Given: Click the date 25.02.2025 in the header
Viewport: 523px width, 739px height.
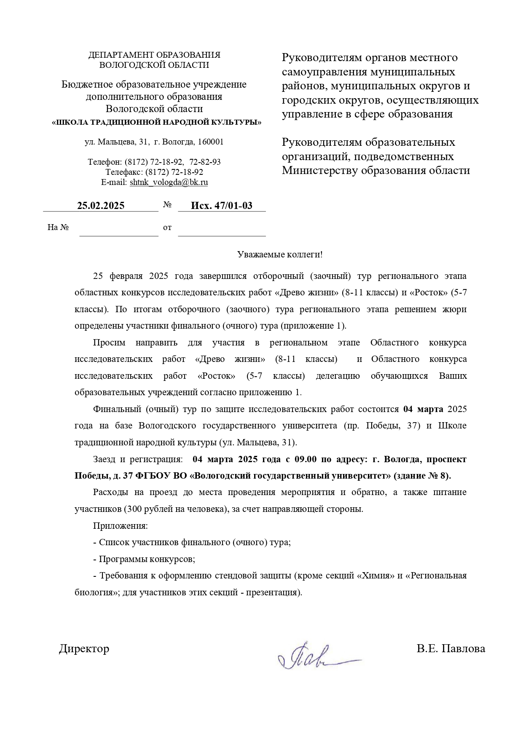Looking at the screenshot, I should [x=101, y=206].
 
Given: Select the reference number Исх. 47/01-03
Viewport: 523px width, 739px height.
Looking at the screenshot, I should [x=222, y=206].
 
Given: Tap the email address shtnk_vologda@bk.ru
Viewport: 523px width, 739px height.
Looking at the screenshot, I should [x=169, y=182].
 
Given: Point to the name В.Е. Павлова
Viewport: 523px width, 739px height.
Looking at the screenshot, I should [x=451, y=648].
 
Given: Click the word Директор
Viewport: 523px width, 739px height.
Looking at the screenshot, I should [x=84, y=648].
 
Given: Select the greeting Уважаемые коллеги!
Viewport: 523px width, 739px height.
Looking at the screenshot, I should [x=280, y=254].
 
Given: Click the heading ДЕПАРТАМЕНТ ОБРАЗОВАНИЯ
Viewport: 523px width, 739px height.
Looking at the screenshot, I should [x=154, y=55].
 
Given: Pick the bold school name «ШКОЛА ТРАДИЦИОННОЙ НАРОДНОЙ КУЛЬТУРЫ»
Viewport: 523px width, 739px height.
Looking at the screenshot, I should [x=156, y=123].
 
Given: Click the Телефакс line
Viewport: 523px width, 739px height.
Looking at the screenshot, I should [x=154, y=172].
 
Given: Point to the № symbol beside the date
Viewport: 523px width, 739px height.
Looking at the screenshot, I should [x=167, y=205].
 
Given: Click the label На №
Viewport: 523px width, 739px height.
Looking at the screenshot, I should [x=58, y=228].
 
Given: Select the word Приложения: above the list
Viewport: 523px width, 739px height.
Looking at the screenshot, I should [x=120, y=526].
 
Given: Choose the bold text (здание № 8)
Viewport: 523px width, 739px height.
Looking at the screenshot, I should [x=422, y=476].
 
